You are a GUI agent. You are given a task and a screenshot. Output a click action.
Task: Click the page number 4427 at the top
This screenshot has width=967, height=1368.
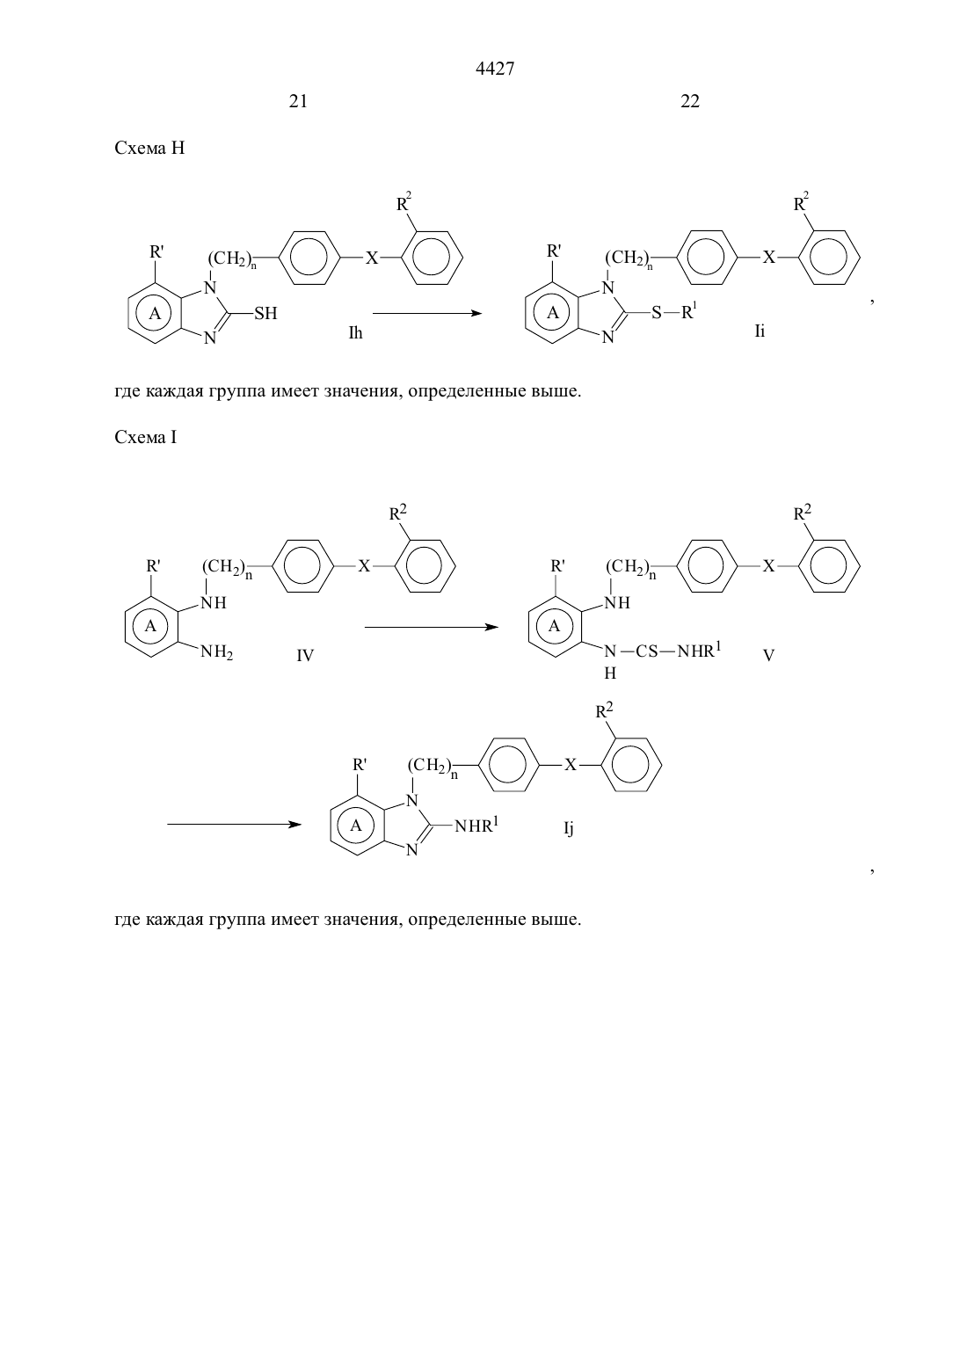click(x=494, y=69)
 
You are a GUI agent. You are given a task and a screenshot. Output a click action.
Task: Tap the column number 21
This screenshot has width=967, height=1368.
click(x=298, y=101)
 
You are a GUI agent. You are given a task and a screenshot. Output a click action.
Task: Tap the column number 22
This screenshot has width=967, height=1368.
click(x=690, y=101)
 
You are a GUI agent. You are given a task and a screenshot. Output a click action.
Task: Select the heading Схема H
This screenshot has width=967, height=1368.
click(x=149, y=149)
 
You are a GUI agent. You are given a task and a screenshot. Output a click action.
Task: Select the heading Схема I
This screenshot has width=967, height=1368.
click(x=145, y=437)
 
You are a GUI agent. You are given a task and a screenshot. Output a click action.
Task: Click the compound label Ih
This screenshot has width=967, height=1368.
click(x=355, y=333)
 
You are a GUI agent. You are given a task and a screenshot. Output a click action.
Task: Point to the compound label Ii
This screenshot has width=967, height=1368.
click(x=760, y=331)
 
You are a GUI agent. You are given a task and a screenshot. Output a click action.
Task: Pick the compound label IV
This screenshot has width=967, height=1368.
click(x=305, y=655)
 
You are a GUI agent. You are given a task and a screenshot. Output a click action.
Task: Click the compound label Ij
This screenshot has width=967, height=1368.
click(x=569, y=828)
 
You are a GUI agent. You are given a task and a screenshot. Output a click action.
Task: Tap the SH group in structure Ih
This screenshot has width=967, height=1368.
click(x=265, y=313)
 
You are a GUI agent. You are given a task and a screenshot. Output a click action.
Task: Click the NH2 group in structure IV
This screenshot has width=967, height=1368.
click(x=217, y=652)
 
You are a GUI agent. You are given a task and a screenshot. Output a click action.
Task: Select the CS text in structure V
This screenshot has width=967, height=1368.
click(x=647, y=651)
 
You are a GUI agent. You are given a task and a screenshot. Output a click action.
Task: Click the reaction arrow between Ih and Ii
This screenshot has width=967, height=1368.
click(x=427, y=313)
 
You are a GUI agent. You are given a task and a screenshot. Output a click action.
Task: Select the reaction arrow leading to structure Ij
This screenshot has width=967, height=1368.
click(x=235, y=825)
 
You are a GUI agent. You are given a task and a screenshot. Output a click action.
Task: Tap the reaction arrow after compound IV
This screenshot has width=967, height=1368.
click(x=432, y=627)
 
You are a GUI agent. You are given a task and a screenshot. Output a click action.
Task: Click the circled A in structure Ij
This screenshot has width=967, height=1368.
click(x=355, y=826)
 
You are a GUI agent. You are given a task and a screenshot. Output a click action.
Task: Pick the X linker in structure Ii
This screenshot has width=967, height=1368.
click(x=768, y=257)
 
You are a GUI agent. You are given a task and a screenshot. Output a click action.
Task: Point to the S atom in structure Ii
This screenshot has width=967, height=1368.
click(x=657, y=313)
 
